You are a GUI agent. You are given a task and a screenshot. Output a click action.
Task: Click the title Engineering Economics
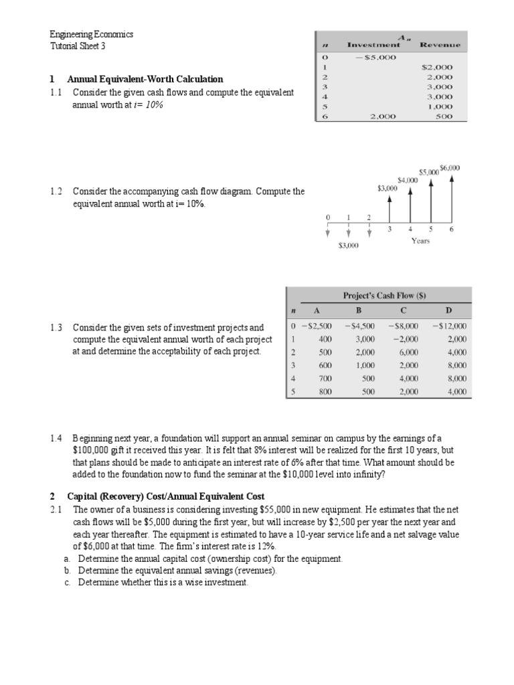tap(92, 34)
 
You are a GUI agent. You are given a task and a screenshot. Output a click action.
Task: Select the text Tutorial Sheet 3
tap(78, 46)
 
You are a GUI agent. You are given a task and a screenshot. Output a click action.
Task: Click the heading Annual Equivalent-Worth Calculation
tap(145, 79)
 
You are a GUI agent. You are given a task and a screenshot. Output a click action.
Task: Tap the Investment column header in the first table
tap(373, 45)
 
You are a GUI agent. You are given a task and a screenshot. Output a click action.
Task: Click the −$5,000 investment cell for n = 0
tap(375, 57)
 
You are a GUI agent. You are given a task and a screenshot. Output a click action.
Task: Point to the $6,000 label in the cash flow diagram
tap(450, 168)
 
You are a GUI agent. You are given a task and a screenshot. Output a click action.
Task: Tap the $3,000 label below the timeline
tap(348, 246)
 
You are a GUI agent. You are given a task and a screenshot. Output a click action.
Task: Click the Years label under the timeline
tap(420, 240)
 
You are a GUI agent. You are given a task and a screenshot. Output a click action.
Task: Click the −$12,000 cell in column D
tap(450, 326)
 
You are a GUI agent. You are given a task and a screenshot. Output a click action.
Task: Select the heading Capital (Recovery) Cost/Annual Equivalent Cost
tap(165, 496)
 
